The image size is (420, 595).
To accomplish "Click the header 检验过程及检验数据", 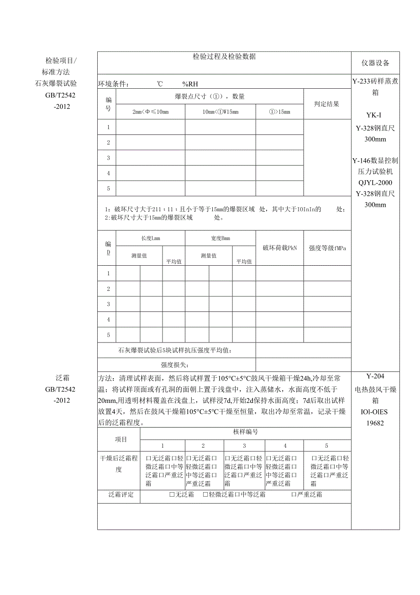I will pyautogui.click(x=224, y=57).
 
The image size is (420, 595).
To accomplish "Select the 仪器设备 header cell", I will pyautogui.click(x=376, y=63).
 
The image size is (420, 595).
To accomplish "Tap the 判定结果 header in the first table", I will pyautogui.click(x=327, y=104).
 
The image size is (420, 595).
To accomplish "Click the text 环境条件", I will pyautogui.click(x=114, y=84).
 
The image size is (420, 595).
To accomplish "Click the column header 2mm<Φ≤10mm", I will pyautogui.click(x=150, y=112).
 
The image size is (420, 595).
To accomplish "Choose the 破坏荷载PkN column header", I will pyautogui.click(x=279, y=248).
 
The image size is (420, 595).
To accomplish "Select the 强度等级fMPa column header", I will pyautogui.click(x=327, y=248).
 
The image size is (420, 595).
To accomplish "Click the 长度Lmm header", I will pyautogui.click(x=151, y=238).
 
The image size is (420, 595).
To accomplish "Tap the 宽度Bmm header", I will pyautogui.click(x=220, y=238).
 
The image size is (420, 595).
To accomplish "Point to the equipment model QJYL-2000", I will pyautogui.click(x=375, y=182).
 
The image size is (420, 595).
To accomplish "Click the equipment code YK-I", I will pyautogui.click(x=375, y=115).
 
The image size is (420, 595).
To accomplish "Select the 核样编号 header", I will pyautogui.click(x=246, y=432).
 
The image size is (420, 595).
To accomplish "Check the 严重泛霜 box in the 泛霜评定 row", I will pyautogui.click(x=294, y=494).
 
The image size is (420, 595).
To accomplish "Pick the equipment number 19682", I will pyautogui.click(x=375, y=423).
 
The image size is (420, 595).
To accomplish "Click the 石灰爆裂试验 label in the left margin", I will pyautogui.click(x=56, y=83).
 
